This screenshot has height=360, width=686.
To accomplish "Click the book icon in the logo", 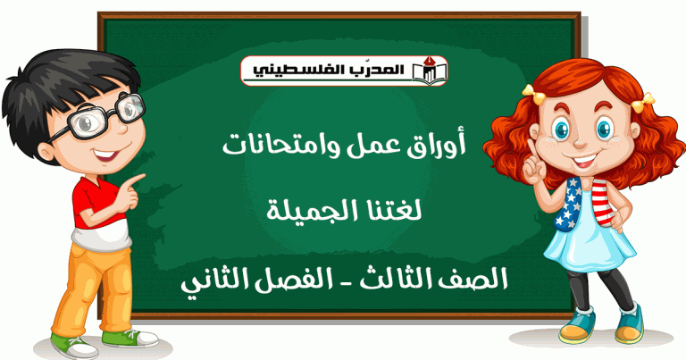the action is coord(430,71).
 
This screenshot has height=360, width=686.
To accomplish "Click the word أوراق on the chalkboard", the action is coord(443,145).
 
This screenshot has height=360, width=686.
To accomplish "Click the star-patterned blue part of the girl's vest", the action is coord(568,205).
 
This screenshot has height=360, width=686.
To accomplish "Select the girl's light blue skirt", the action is coord(590,244).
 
